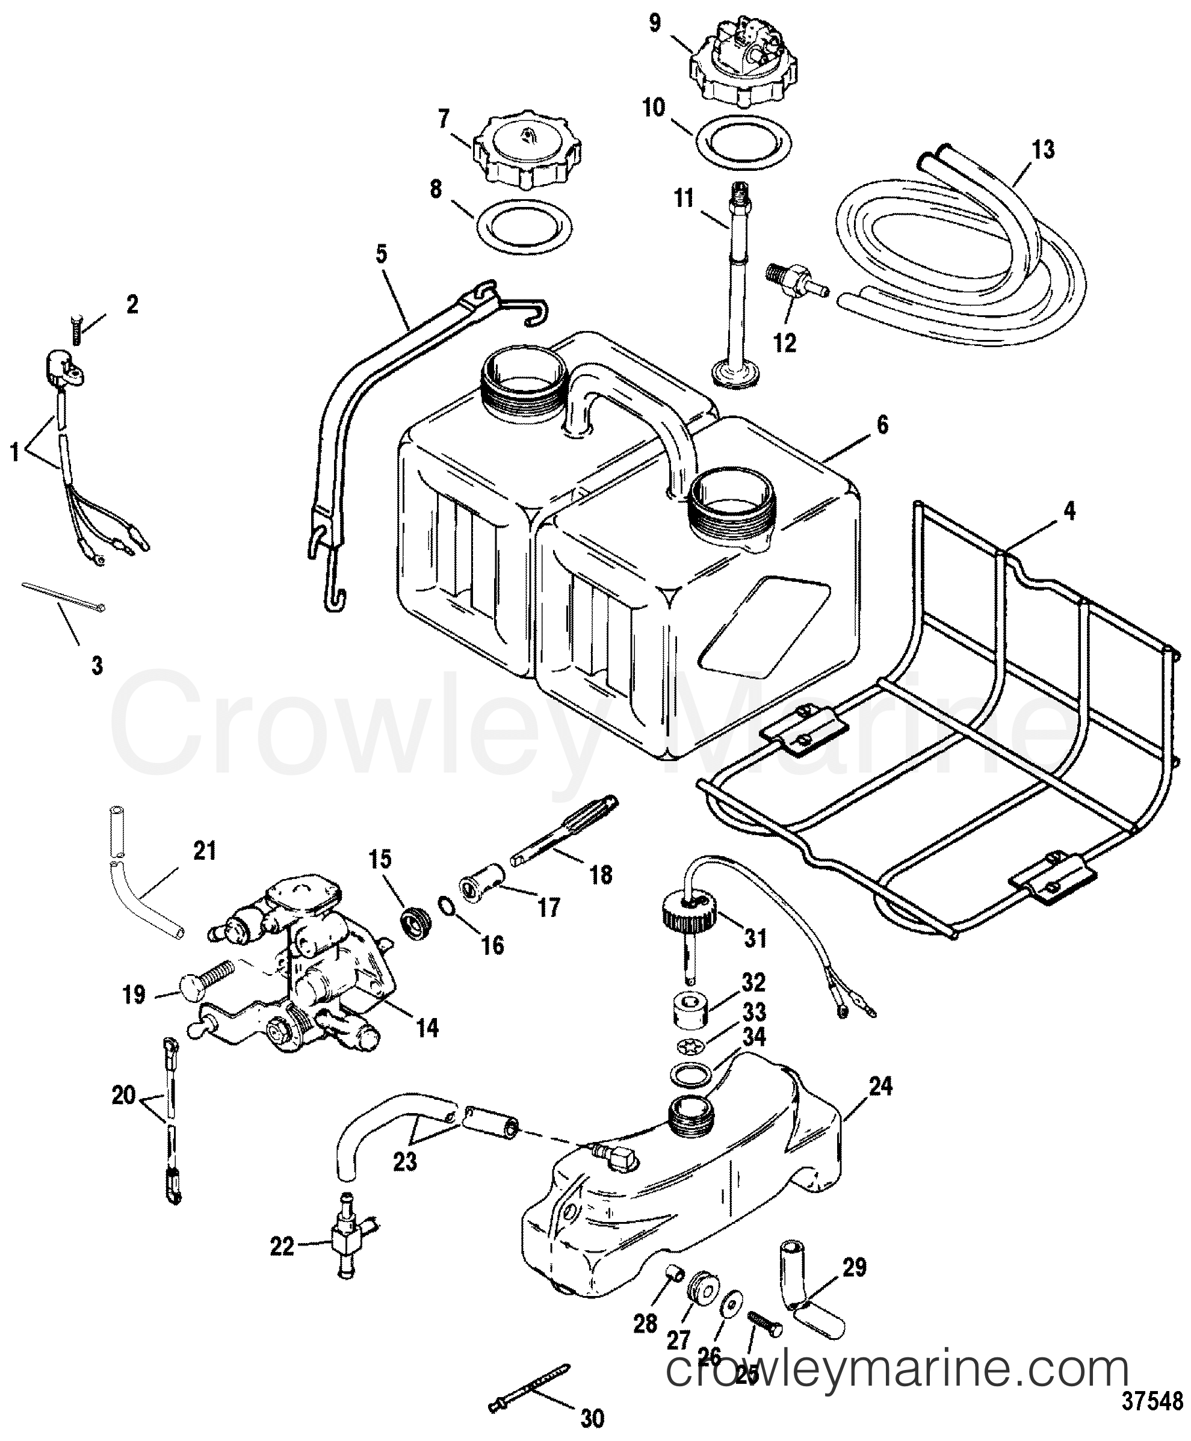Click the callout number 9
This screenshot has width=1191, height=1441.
click(x=655, y=23)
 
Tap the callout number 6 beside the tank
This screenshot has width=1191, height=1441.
click(x=882, y=426)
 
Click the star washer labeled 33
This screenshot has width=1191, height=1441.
click(x=688, y=1045)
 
